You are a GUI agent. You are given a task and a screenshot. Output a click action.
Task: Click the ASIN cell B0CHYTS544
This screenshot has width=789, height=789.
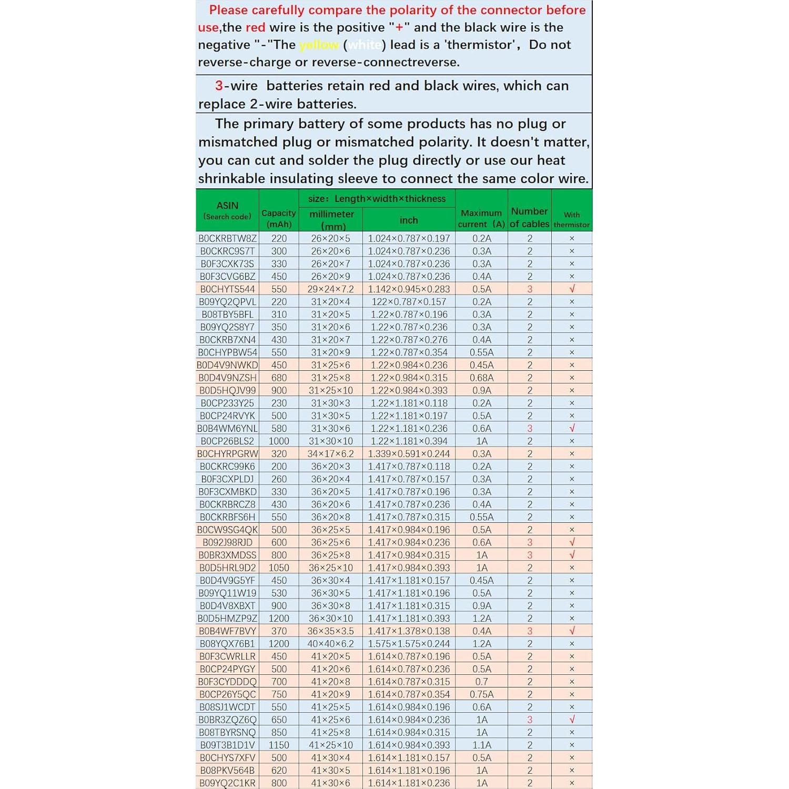click(227, 289)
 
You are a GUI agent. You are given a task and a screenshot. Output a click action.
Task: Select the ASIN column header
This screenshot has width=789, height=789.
click(227, 210)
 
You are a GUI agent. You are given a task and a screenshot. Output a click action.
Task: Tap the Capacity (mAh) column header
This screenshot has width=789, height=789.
click(279, 218)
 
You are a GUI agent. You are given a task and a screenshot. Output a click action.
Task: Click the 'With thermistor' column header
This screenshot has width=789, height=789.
click(572, 219)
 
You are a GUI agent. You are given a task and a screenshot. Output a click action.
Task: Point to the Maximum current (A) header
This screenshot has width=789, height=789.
click(481, 218)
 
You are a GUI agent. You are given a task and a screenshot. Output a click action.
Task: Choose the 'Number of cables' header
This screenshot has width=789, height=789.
click(530, 217)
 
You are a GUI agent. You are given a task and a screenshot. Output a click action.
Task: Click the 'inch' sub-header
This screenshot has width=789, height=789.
click(409, 220)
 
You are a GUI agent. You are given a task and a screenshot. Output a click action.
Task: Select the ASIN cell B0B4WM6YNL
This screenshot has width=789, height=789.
click(227, 429)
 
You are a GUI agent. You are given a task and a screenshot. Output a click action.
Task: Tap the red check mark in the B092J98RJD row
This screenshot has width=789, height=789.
click(572, 542)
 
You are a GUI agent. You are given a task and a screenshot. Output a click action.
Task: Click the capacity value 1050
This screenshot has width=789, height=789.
click(279, 568)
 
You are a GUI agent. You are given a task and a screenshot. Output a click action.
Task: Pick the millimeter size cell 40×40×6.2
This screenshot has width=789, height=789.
click(331, 644)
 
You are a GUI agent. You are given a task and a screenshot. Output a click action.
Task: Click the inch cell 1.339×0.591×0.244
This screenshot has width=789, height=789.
click(409, 454)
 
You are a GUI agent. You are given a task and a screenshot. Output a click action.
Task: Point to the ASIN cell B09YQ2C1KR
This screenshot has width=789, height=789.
click(227, 783)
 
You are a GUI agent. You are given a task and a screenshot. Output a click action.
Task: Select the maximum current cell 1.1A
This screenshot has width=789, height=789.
click(482, 745)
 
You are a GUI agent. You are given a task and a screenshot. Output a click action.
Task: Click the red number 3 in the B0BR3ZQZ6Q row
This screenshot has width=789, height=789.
click(530, 720)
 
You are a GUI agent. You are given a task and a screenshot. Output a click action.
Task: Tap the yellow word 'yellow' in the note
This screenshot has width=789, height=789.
click(319, 45)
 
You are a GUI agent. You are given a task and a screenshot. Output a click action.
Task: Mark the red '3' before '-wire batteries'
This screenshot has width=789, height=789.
click(219, 86)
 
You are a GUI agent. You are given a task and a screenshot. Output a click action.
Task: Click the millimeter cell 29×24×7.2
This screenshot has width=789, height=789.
click(331, 289)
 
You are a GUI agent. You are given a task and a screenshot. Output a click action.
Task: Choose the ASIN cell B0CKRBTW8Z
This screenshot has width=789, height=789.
click(227, 239)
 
